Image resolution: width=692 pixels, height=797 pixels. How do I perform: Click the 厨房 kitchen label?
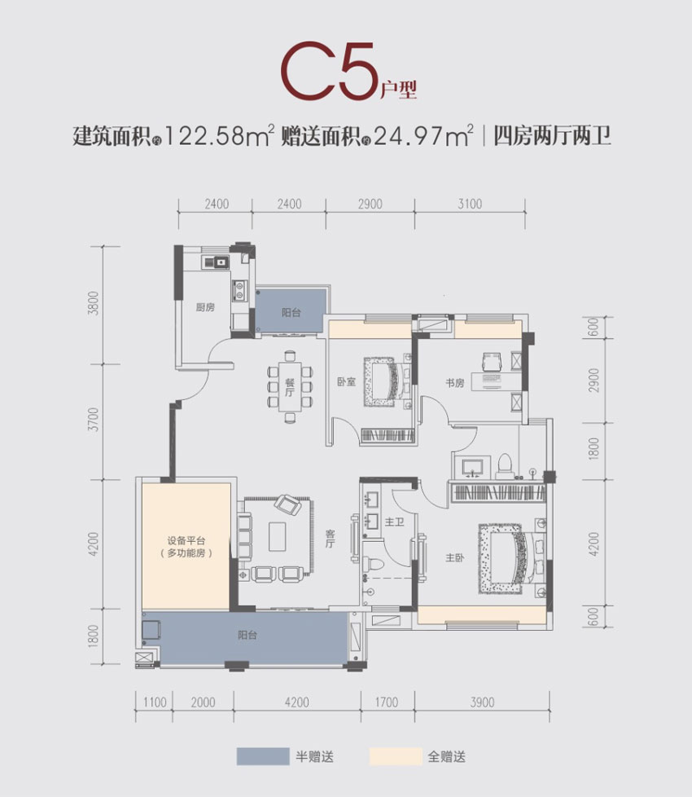tap(205, 308)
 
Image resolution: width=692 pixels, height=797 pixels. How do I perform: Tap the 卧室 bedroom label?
tap(346, 381)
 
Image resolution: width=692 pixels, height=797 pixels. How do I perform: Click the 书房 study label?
tap(454, 382)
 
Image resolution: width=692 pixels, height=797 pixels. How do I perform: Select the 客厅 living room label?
tap(331, 540)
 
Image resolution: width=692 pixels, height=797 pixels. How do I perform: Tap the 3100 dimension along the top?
tap(470, 204)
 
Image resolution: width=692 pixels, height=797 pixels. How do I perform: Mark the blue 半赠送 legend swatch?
tap(263, 757)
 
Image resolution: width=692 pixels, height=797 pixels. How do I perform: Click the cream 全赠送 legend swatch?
tap(395, 757)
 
